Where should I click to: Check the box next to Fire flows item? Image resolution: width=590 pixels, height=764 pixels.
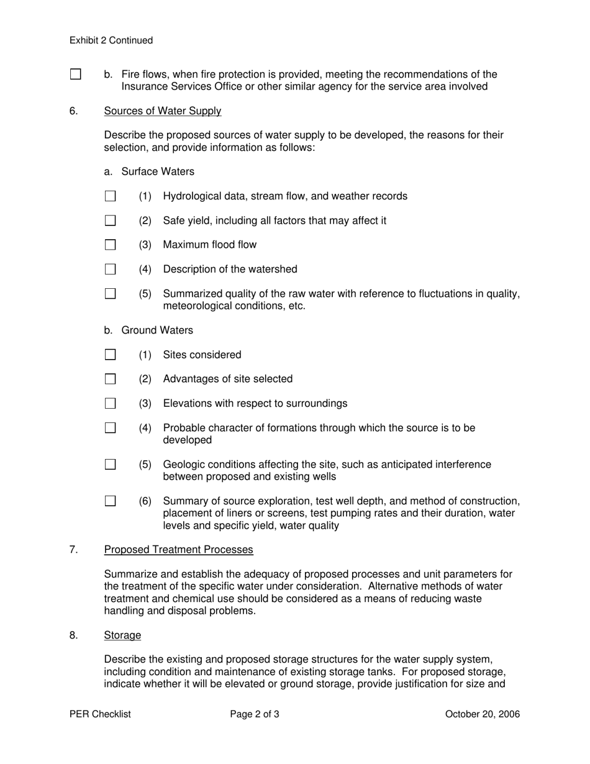click(76, 75)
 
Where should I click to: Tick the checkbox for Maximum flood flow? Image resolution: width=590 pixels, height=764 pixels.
click(111, 245)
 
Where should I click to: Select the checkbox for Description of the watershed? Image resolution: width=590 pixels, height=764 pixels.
click(111, 269)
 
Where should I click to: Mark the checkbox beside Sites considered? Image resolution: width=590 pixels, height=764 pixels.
click(111, 355)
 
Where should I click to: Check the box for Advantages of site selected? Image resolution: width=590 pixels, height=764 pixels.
click(111, 379)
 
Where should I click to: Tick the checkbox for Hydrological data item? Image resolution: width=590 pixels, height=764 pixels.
click(111, 196)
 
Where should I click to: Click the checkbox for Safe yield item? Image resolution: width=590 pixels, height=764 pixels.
click(111, 221)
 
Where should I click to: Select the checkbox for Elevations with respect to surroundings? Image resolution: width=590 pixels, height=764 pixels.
click(111, 403)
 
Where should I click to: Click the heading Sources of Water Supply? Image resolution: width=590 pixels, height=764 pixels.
click(162, 111)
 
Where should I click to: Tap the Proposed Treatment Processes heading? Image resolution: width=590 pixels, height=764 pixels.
click(178, 550)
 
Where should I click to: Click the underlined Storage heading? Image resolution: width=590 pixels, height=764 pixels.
click(122, 635)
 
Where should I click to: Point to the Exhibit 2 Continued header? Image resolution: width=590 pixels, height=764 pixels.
click(111, 40)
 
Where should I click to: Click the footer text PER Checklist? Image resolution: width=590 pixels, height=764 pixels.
click(100, 714)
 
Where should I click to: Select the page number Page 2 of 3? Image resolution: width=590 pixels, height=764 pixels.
click(255, 714)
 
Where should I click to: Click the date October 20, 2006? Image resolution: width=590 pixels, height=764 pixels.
click(483, 714)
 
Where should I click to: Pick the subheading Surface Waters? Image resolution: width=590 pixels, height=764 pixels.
click(157, 171)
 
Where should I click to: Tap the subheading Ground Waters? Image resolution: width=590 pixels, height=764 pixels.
click(157, 330)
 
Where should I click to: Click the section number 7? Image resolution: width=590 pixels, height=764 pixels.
click(73, 550)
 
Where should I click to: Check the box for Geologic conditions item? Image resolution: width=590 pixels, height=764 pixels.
click(111, 465)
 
